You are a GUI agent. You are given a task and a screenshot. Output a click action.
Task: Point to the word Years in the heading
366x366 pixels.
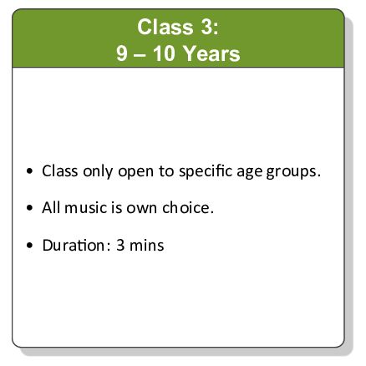tap(213, 54)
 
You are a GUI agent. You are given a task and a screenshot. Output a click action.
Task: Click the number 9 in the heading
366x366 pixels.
tap(122, 54)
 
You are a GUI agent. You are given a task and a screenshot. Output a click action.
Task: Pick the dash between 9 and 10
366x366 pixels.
tap(141, 54)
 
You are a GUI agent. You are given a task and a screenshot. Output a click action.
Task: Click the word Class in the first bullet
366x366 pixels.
tap(59, 170)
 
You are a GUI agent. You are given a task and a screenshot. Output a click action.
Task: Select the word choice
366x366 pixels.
tap(189, 207)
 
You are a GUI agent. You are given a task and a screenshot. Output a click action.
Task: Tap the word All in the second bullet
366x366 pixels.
tap(52, 207)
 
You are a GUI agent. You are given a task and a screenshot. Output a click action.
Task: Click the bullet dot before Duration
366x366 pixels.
tap(31, 245)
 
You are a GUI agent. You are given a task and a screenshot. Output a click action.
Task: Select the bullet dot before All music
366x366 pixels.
tap(31, 208)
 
